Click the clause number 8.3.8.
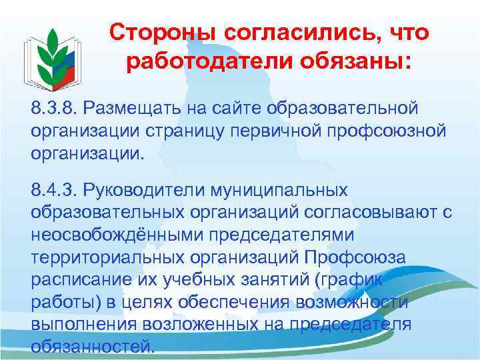tap(55, 107)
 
